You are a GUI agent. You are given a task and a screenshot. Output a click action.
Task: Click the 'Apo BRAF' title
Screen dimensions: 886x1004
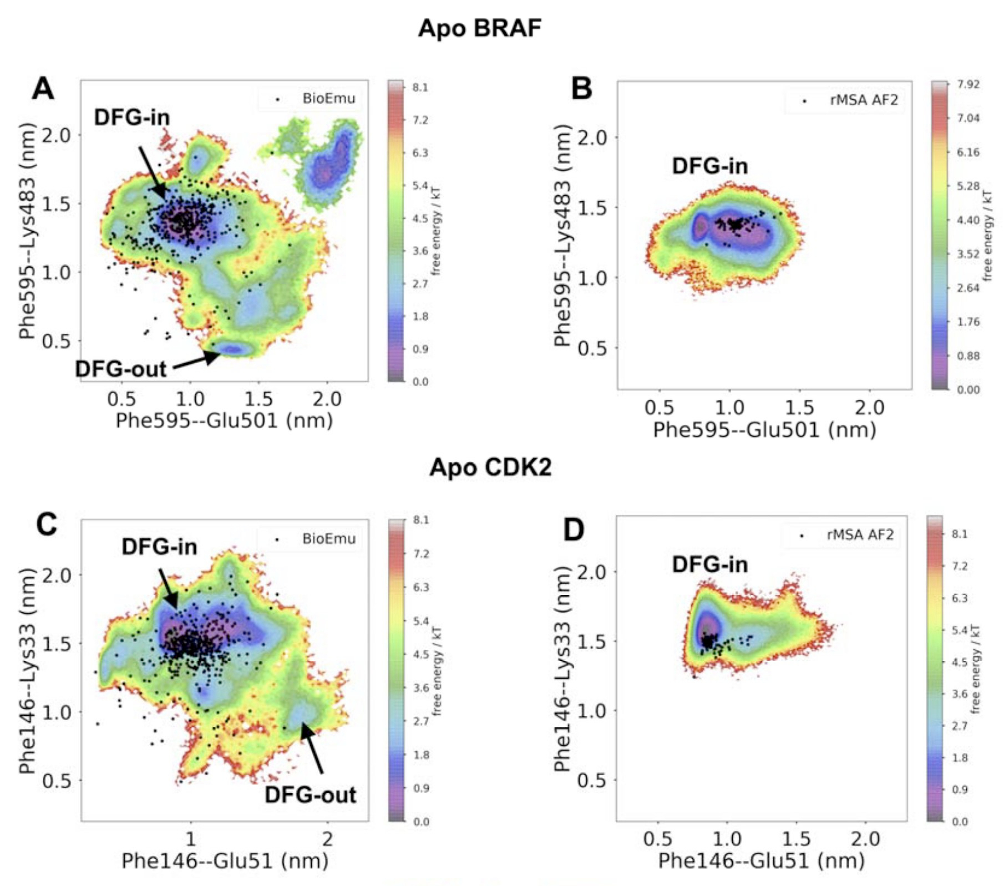pos(480,28)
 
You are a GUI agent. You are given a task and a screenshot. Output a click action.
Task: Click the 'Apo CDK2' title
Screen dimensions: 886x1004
pos(490,467)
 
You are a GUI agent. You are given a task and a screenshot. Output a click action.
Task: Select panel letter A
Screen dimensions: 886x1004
pos(43,89)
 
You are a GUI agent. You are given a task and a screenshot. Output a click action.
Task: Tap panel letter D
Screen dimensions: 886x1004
pos(574,529)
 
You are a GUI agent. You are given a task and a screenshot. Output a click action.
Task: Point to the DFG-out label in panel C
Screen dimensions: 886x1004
pos(310,795)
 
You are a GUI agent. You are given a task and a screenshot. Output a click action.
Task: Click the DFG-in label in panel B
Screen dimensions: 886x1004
pos(709,166)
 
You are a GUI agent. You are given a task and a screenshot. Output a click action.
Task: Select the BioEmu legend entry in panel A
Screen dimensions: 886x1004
pos(328,99)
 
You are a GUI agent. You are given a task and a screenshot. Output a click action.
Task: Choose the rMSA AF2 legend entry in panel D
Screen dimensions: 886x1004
pos(860,534)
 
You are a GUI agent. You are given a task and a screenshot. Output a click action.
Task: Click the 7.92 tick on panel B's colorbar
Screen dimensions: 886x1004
pos(968,84)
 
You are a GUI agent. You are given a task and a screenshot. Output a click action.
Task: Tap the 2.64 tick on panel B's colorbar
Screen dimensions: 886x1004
pos(968,288)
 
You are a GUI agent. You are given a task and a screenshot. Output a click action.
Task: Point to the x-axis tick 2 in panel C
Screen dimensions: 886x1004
pos(327,838)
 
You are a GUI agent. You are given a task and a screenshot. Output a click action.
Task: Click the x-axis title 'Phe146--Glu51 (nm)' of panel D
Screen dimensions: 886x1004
pos(761,860)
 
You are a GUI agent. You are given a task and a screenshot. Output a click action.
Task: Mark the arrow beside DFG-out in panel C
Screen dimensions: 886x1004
pos(312,748)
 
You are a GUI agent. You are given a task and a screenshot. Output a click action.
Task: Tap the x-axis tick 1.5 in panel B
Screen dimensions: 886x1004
pos(799,408)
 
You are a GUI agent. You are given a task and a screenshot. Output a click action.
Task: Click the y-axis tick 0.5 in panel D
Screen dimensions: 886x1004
pos(592,780)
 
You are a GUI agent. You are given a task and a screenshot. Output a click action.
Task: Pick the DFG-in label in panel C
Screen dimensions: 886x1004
pos(159,547)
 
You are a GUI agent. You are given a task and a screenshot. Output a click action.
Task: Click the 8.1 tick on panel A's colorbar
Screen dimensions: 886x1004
pos(420,88)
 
